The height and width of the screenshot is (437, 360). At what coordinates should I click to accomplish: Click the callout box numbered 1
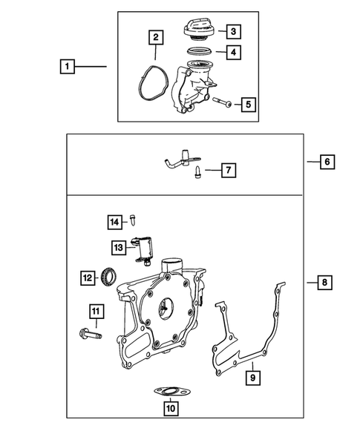point(68,66)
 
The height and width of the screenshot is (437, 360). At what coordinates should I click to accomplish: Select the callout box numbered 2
point(156,37)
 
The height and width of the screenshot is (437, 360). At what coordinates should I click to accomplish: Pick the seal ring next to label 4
point(199,52)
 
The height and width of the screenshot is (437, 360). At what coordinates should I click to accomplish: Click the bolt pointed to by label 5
point(222,102)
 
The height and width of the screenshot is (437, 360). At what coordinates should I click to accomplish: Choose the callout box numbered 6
point(327,162)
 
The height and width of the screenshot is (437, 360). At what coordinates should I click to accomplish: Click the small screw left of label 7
point(197,172)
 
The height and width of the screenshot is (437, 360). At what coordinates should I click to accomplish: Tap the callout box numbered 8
point(324,283)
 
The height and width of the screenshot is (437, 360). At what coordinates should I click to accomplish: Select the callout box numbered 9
point(253,378)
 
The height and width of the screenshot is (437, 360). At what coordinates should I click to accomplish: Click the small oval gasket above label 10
point(172,391)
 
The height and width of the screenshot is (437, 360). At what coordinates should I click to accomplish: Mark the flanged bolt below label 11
point(91,333)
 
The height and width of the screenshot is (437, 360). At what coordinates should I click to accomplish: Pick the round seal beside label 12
point(109,277)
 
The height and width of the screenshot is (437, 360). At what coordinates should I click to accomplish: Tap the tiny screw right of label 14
point(134,220)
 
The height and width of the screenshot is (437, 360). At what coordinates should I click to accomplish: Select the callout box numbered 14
point(115,222)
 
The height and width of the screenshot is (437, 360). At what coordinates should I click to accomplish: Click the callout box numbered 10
point(171,408)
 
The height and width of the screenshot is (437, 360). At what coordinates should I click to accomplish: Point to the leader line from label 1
point(91,66)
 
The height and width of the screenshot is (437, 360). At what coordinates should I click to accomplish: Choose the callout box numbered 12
point(88,278)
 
